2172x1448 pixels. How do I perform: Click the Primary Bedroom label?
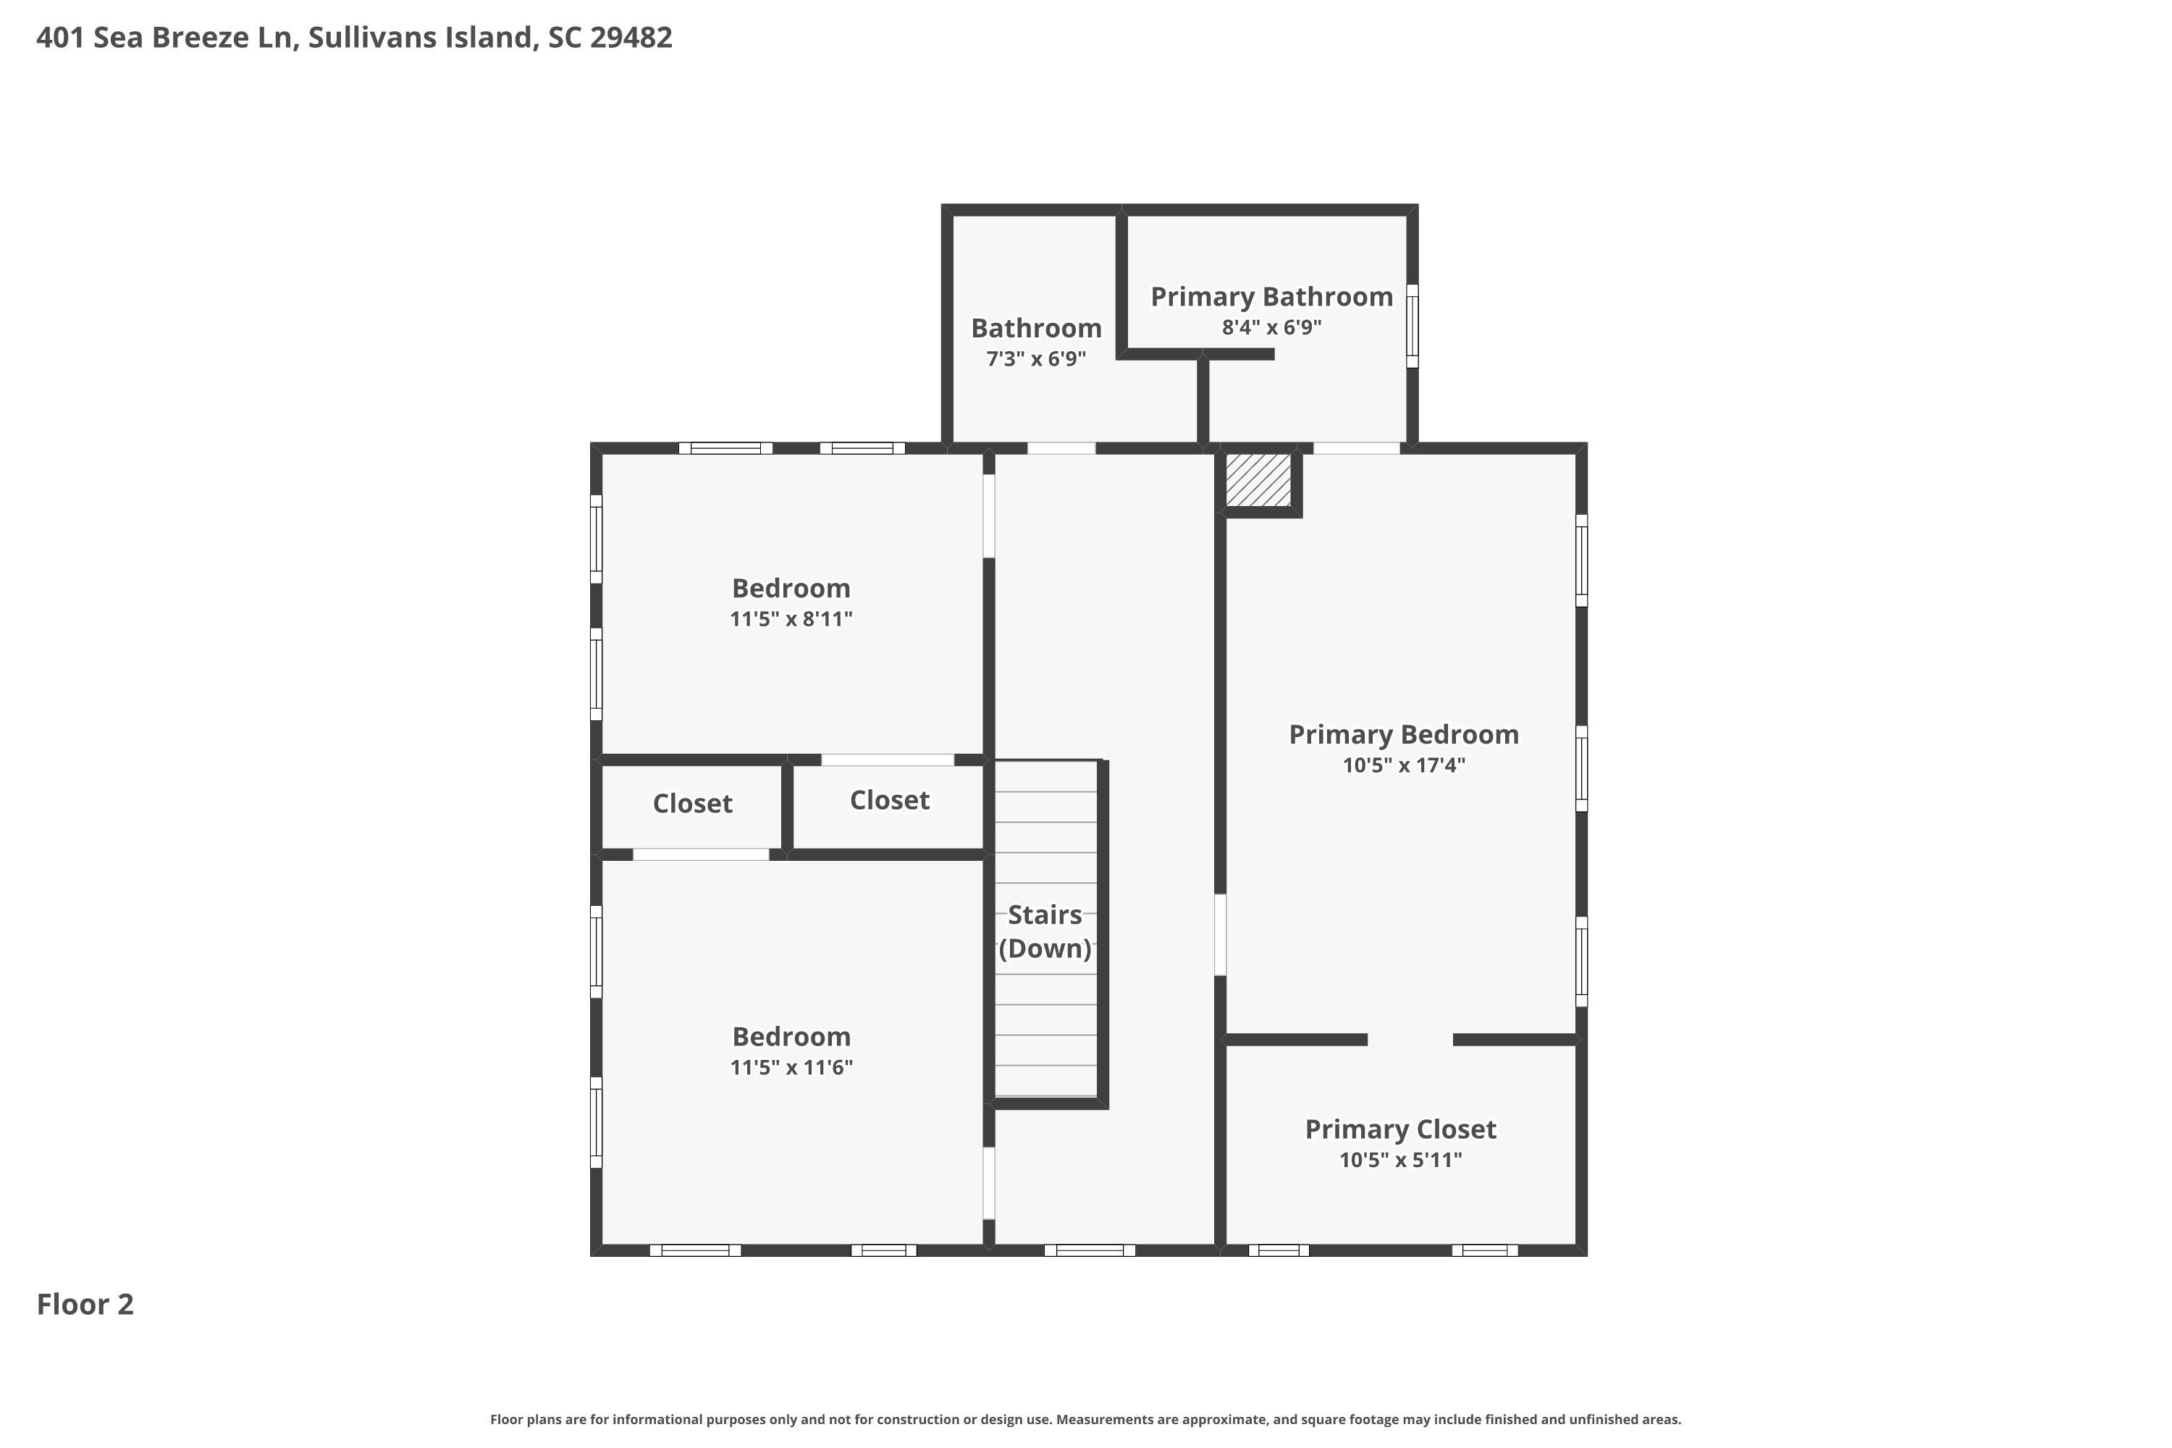1404,735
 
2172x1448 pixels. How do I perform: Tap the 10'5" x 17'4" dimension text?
1404,765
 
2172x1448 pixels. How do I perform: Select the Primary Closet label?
1401,1129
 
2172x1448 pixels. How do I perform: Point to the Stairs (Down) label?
1045,932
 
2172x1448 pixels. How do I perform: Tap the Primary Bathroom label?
1271,298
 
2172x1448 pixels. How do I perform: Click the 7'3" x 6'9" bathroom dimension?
1036,358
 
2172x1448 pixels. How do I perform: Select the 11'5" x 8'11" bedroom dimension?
791,619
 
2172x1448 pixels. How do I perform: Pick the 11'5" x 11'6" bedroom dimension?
791,1067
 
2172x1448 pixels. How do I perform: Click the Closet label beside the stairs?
889,800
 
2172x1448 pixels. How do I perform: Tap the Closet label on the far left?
693,804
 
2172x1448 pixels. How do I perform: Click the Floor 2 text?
85,1304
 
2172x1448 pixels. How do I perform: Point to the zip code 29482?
631,38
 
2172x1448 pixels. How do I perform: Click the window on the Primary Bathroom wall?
1412,326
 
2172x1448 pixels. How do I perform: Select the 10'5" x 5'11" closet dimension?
1401,1160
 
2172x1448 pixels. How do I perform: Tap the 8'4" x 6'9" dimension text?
1271,327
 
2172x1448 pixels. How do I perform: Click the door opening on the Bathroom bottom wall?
1062,449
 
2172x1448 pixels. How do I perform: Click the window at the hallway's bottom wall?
1090,1250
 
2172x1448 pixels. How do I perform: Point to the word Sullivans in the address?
374,38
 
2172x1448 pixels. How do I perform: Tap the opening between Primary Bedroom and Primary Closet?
1410,1040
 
